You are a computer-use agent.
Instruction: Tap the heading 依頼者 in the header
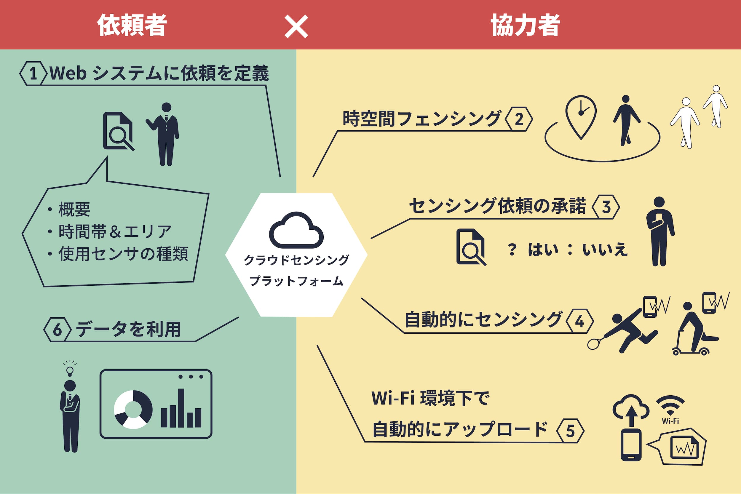point(132,25)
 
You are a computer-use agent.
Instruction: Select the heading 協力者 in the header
point(525,25)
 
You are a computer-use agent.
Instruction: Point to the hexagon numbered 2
point(519,119)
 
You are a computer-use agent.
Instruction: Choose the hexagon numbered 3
point(606,207)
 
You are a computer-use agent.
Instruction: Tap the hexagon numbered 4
point(580,321)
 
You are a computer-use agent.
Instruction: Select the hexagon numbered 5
point(570,431)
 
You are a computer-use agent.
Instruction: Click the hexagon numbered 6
point(57,330)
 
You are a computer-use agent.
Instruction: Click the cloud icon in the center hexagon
point(296,230)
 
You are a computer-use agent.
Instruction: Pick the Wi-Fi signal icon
point(670,405)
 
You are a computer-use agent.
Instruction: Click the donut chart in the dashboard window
point(133,410)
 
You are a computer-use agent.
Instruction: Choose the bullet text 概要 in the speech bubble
point(74,210)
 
